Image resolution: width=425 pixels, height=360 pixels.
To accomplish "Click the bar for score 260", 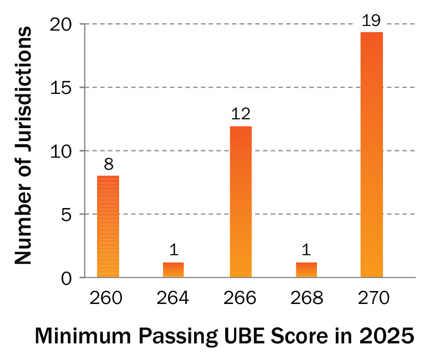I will tap(108, 226).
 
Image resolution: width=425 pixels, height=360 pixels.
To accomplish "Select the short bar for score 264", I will tap(173, 270).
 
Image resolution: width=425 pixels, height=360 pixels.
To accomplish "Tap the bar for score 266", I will tap(241, 202).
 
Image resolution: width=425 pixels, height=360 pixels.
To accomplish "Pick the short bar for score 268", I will tap(306, 270).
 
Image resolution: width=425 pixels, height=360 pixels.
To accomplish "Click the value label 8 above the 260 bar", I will tap(107, 165).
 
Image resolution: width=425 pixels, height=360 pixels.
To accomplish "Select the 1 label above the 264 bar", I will tap(174, 251).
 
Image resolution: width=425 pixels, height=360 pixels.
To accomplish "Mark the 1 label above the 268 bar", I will tap(307, 251).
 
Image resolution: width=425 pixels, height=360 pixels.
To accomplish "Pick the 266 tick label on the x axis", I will tap(241, 298).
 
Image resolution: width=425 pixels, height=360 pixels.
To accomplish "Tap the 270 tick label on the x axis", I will tap(372, 298).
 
